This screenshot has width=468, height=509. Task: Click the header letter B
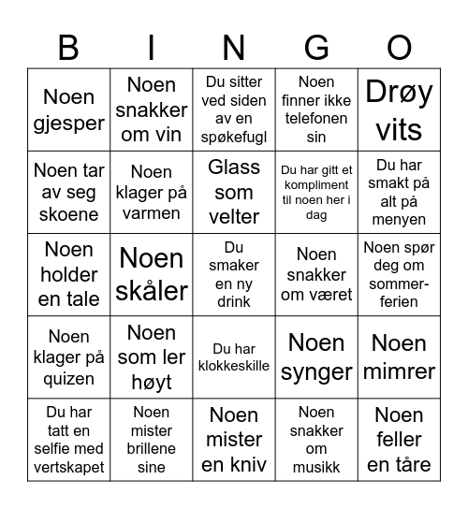tap(68, 47)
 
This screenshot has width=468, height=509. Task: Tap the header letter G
tap(316, 47)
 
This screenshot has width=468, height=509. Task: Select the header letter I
tap(152, 47)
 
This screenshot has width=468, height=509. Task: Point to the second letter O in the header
tap(400, 47)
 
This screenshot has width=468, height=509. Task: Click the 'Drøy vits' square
tap(400, 109)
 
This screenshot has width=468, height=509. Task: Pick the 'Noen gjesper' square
tap(68, 109)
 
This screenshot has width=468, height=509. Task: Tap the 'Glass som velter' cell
tap(234, 192)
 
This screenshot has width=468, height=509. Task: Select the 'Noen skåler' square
tap(152, 274)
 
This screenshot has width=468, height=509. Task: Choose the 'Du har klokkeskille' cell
tap(234, 357)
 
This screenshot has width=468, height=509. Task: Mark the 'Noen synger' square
tap(316, 357)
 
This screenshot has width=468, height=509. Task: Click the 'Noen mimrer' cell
tap(400, 357)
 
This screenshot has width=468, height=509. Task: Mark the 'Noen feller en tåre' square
tap(400, 440)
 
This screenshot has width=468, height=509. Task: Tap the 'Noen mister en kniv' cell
tap(234, 440)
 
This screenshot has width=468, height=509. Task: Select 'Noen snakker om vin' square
tap(152, 109)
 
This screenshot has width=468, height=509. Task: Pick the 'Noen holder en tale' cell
tap(68, 274)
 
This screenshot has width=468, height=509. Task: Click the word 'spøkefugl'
tap(234, 137)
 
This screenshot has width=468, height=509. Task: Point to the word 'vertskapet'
tap(68, 467)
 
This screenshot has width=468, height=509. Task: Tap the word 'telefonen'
tap(316, 119)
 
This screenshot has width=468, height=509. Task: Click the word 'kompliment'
tap(316, 186)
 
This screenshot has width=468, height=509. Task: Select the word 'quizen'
tap(68, 379)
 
